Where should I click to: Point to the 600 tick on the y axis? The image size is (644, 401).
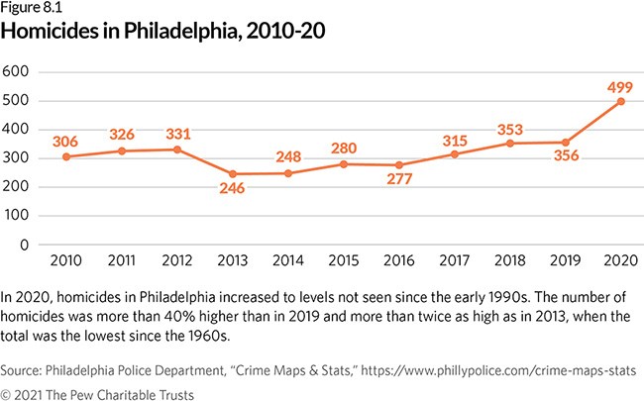point(17,72)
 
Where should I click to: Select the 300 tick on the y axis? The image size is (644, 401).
point(17,158)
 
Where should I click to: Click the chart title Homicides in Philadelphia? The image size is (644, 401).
point(163,32)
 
